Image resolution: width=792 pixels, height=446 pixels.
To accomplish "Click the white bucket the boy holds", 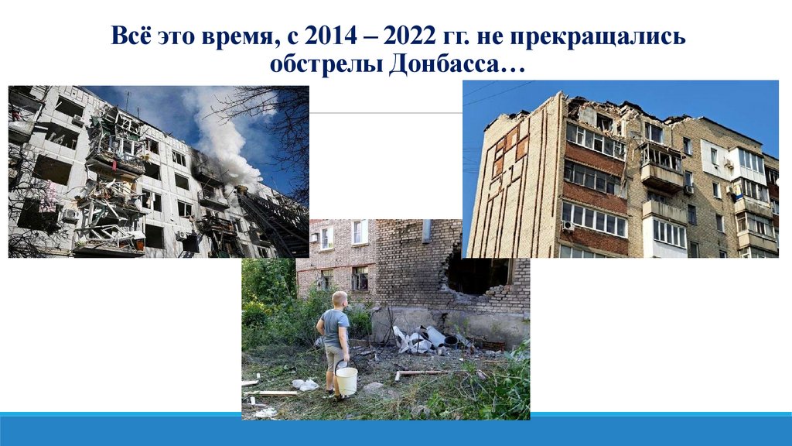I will [x=346, y=380].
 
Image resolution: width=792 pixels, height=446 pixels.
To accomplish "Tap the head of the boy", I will [x=339, y=300].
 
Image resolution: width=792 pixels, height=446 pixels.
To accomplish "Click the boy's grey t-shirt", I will [x=335, y=328].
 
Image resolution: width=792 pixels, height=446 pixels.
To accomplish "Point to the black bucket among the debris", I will [x=451, y=341].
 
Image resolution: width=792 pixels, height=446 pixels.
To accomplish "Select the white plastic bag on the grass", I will [x=306, y=384].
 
